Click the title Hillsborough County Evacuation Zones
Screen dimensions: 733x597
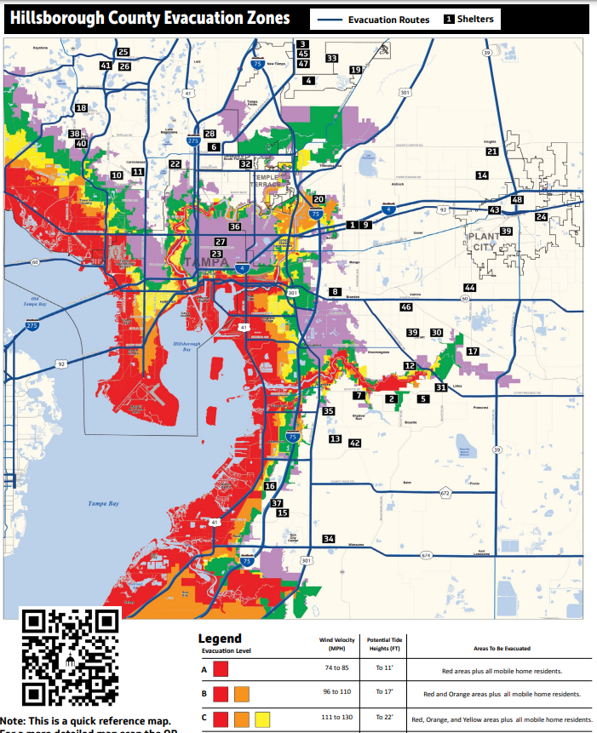150,18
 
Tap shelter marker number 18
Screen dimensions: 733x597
81,108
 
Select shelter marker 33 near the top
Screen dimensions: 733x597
331,59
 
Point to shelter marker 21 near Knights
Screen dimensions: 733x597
491,152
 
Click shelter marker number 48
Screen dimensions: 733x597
517,199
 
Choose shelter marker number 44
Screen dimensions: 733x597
469,288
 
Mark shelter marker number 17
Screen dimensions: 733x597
473,351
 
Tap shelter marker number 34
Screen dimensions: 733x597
329,539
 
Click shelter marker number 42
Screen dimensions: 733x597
355,443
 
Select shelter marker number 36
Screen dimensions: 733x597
234,227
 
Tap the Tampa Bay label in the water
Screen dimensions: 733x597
104,504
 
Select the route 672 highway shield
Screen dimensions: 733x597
445,493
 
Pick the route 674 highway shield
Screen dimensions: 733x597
426,555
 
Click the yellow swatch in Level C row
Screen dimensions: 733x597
261,719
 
